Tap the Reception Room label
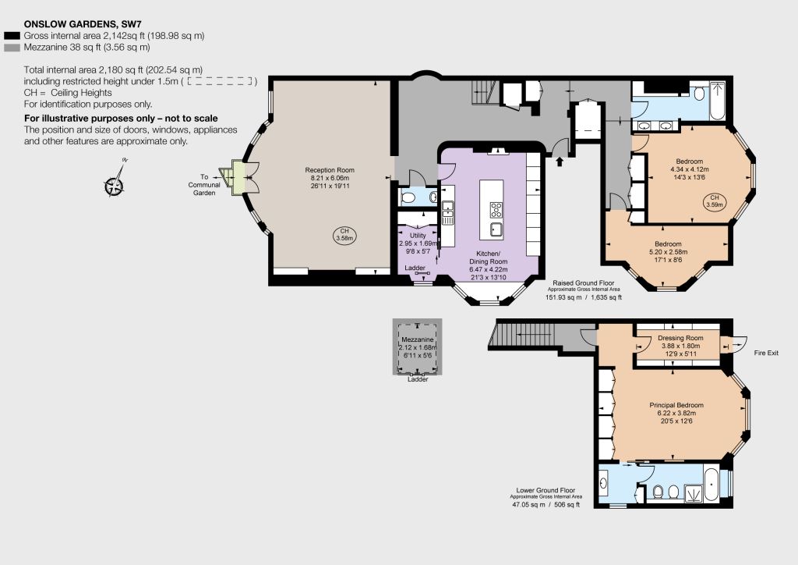coord(330,178)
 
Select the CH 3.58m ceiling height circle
coord(344,235)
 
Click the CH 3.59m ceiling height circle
coord(715,201)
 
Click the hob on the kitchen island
coord(496,210)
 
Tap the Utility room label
coord(418,243)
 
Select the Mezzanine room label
coord(418,347)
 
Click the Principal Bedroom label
coord(676,413)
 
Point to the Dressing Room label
coord(680,346)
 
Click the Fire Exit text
coord(766,353)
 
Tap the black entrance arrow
coord(560,162)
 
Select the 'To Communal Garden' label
coord(204,185)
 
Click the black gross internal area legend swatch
coord(12,36)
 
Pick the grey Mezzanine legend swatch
coord(12,48)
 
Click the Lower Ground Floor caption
coord(546,497)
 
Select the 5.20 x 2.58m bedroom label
coord(668,252)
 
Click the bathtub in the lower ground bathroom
coord(711,485)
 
